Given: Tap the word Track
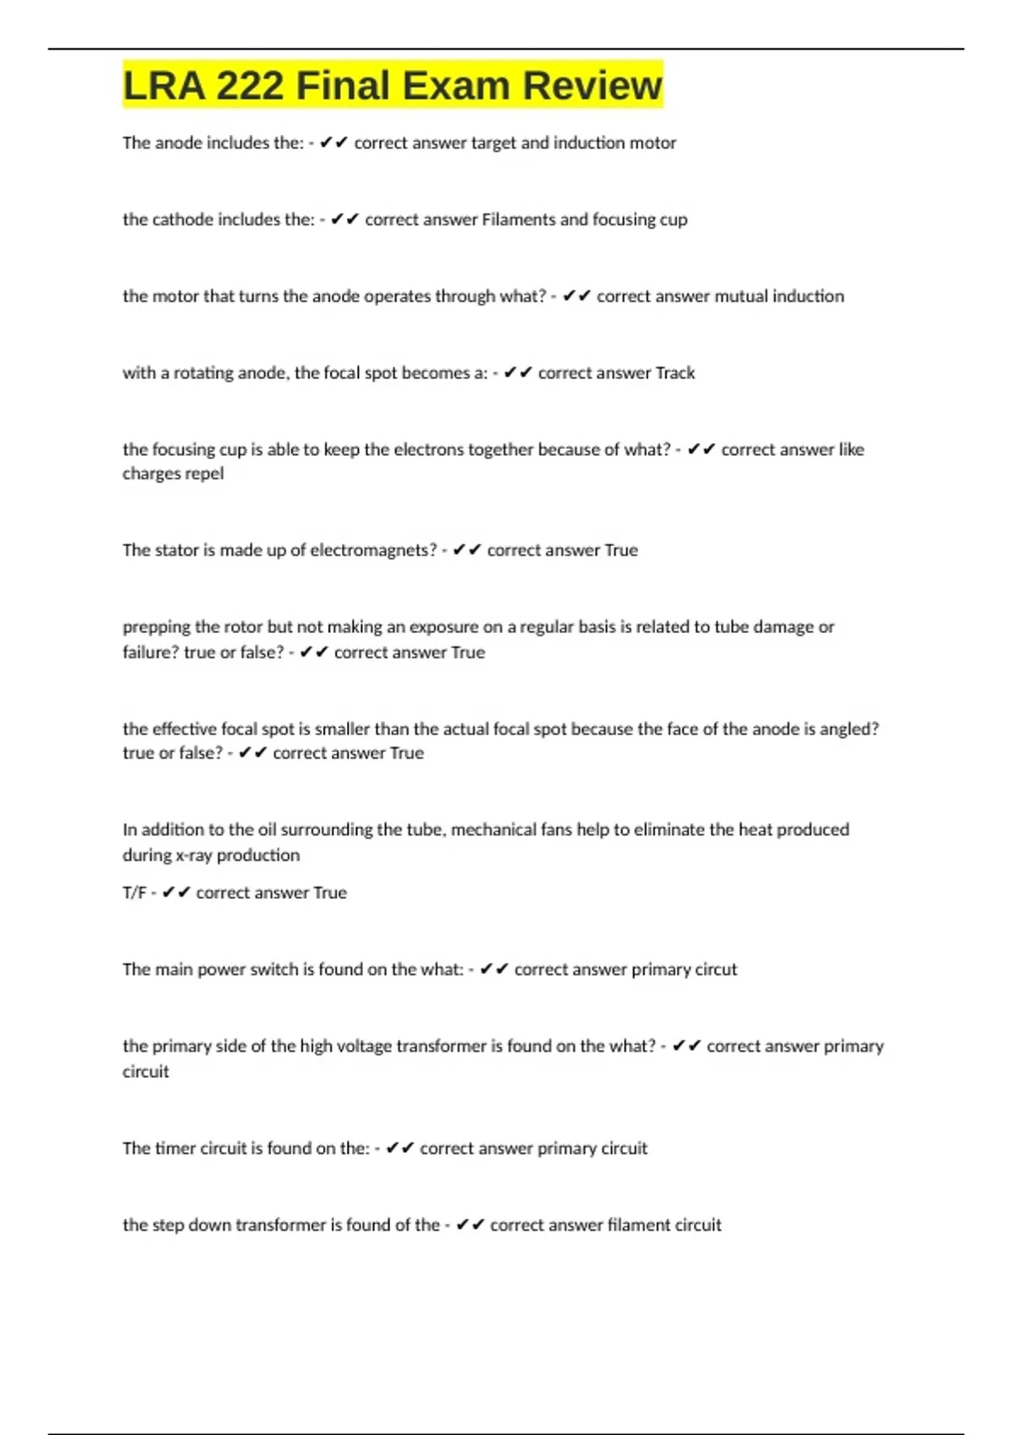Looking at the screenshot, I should [675, 373].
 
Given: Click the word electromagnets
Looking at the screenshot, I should [374, 550].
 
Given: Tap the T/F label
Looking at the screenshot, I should [134, 893].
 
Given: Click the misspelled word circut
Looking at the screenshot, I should [716, 970].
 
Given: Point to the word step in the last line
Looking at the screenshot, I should [168, 1226].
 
